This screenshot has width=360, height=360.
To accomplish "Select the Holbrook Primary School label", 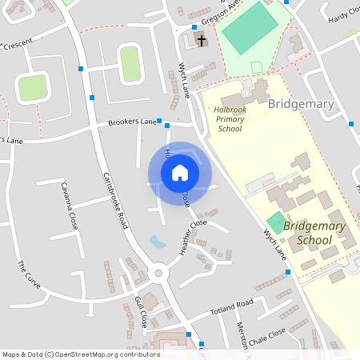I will click(x=230, y=118).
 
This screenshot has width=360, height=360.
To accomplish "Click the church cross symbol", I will click(x=201, y=39).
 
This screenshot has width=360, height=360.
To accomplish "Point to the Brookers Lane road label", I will click(x=132, y=122).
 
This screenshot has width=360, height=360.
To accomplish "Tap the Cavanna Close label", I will click(x=69, y=206).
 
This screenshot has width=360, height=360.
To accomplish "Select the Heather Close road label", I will click(x=194, y=237).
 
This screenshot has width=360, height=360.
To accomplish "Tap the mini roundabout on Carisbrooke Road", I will click(x=158, y=274).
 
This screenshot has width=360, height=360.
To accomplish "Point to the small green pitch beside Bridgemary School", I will click(x=277, y=223).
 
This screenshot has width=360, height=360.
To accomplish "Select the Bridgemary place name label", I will click(x=301, y=104).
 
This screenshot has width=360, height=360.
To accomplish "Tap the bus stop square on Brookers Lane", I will click(x=159, y=122).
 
